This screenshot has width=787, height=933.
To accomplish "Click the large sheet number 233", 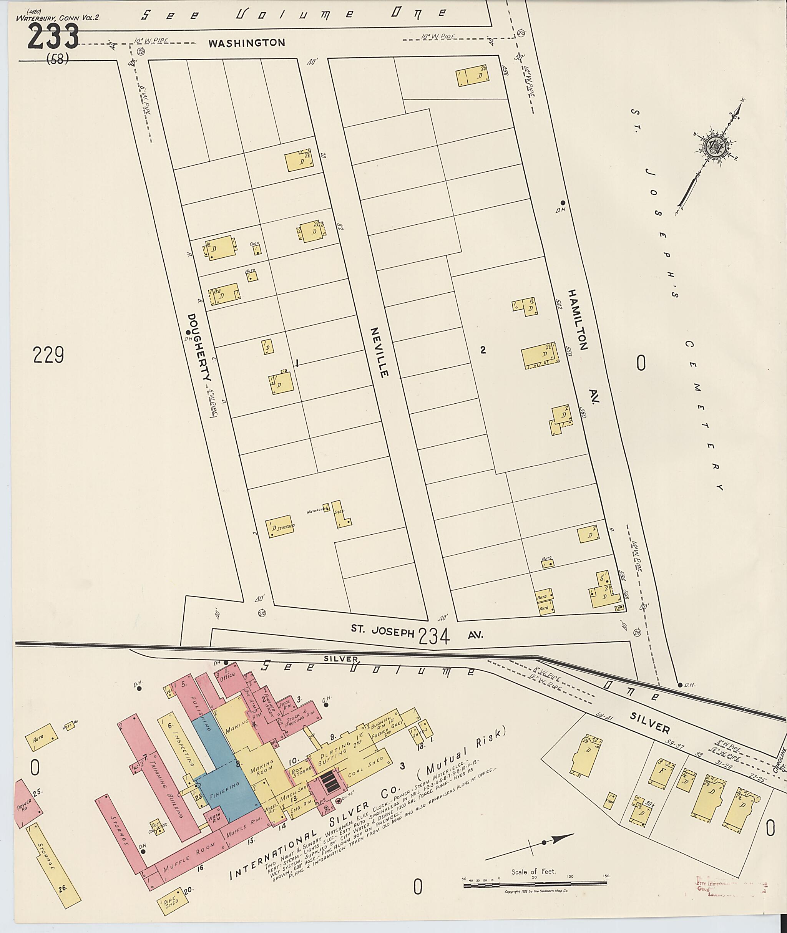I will [x=53, y=36].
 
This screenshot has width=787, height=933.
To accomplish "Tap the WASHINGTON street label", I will [x=246, y=43].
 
